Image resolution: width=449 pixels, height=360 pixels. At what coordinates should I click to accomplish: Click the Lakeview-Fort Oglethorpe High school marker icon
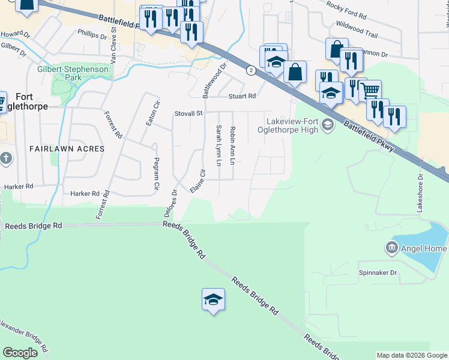pyautogui.click(x=327, y=125)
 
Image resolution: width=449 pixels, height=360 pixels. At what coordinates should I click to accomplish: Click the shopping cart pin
pyautogui.click(x=370, y=91)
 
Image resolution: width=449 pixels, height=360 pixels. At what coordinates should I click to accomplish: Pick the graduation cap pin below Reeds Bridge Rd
pyautogui.click(x=213, y=299)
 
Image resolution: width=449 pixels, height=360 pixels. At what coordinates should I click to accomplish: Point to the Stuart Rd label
pyautogui.click(x=241, y=96)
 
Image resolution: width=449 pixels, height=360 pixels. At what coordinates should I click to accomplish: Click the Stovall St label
pyautogui.click(x=189, y=112)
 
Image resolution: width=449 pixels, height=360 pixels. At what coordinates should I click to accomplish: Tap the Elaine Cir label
pyautogui.click(x=197, y=181)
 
